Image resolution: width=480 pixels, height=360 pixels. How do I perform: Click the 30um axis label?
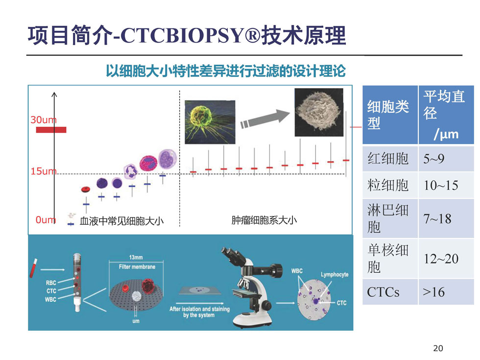tap(44, 120)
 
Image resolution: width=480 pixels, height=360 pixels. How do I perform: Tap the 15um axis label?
tap(44, 171)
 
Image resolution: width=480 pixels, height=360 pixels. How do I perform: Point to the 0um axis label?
tap(46, 219)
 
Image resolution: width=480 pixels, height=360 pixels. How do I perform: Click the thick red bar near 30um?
tap(51, 130)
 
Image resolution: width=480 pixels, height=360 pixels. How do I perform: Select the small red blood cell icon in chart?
tap(86, 189)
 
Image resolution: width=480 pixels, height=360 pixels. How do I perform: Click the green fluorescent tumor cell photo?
tap(210, 122)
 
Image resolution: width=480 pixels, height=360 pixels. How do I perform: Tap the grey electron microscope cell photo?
tap(319, 112)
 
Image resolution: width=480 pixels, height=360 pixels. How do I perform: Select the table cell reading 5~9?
tap(446, 159)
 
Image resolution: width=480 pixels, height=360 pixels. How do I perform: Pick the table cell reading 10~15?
tap(446, 185)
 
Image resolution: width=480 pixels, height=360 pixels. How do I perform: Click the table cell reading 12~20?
tap(446, 259)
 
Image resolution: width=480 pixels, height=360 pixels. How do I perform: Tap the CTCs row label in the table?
tap(383, 292)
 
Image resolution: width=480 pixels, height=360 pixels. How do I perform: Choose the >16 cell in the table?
tap(446, 292)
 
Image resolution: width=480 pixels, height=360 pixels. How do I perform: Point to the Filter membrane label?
tap(137, 266)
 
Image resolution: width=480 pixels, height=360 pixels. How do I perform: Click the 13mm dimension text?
tap(136, 257)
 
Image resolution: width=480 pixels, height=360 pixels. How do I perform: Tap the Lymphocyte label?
tap(335, 274)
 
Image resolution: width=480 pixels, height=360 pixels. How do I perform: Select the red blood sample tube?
tap(33, 268)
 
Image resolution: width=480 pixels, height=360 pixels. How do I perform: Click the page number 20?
tap(438, 348)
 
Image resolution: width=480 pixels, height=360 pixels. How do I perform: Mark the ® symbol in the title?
tap(252, 35)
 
